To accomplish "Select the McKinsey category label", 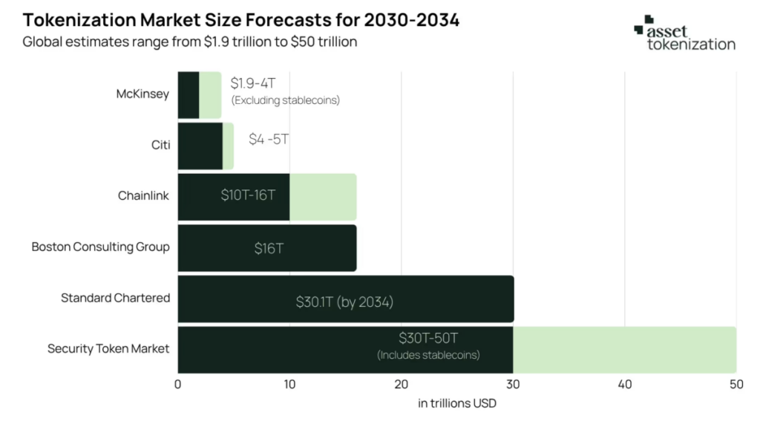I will (142, 94).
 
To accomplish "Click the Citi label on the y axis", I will (160, 145).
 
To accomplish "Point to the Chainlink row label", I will (143, 196).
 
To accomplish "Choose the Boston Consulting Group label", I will (100, 247).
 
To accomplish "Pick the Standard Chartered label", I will (115, 298).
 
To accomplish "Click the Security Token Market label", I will (108, 348).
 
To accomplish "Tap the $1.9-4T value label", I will (252, 84).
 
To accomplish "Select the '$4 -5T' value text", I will (269, 140).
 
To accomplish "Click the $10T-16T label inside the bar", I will (248, 195).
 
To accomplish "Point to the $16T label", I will (269, 248).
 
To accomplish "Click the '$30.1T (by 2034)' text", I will (344, 302).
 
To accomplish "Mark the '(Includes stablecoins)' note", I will (428, 355).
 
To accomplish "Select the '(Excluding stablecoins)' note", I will (285, 100).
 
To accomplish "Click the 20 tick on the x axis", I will (402, 384).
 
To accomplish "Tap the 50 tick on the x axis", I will (736, 384).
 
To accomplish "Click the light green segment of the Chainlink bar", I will (323, 197).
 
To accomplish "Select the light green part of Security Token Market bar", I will (623, 349).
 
